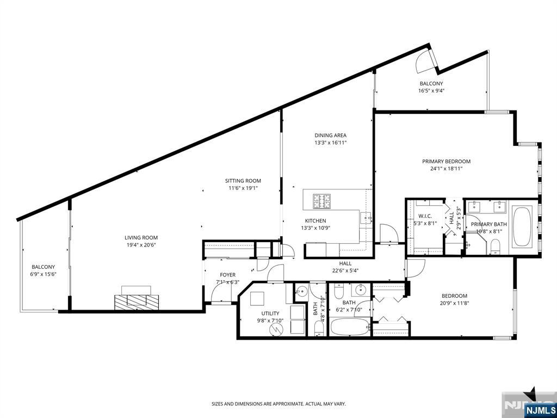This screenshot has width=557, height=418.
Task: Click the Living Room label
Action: tap(141, 237)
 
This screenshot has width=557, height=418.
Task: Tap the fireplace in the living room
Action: tap(136, 301)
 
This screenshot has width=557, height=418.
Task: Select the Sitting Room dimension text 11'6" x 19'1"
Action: tap(243, 188)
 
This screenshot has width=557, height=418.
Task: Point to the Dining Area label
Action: tap(330, 136)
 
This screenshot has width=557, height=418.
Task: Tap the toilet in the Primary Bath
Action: tap(495, 248)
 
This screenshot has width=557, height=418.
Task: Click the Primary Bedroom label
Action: tap(446, 161)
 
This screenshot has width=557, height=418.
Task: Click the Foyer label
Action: tap(227, 275)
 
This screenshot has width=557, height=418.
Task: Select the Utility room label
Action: tap(270, 313)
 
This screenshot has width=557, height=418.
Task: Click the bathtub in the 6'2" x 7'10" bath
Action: tap(349, 328)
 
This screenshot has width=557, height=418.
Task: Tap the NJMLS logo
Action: tap(540, 410)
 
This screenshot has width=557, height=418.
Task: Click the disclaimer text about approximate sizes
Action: tap(278, 404)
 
